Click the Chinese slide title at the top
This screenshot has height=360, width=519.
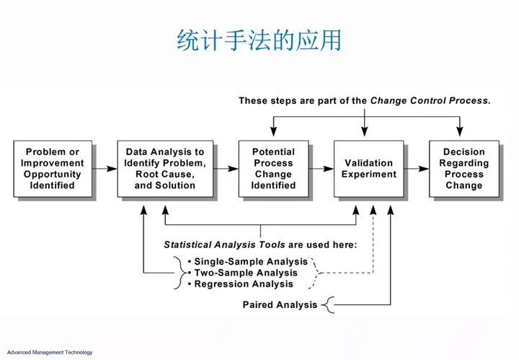click(x=259, y=40)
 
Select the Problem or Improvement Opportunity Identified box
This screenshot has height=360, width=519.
click(x=53, y=169)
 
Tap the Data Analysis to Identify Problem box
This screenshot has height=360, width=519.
click(x=165, y=169)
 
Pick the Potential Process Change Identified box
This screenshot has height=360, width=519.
click(x=273, y=169)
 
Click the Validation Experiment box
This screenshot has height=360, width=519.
click(x=369, y=169)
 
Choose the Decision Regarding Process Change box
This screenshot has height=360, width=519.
click(x=464, y=169)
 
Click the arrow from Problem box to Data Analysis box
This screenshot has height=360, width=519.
click(x=105, y=169)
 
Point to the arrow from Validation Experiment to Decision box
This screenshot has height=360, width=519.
click(x=417, y=169)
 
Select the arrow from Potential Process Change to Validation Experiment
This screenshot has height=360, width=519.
click(x=321, y=169)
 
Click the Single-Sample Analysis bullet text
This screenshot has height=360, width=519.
click(x=251, y=262)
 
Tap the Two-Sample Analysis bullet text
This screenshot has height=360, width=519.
click(x=246, y=273)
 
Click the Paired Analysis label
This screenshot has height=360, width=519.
click(x=280, y=304)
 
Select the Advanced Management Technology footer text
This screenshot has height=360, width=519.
click(x=50, y=352)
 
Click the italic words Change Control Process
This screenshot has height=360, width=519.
click(x=430, y=101)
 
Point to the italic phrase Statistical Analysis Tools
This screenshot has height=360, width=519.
click(x=224, y=245)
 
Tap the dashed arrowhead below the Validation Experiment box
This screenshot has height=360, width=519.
click(x=373, y=211)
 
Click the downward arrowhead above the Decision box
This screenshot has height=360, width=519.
click(x=459, y=131)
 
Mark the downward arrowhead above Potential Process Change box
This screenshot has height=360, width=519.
click(x=273, y=131)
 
